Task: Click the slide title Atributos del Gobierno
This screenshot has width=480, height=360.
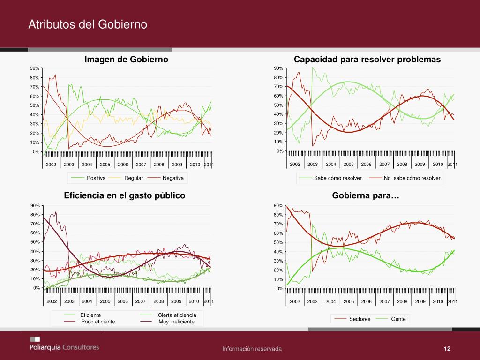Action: pyautogui.click(x=88, y=24)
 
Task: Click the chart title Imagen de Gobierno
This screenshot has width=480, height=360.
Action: pyautogui.click(x=126, y=60)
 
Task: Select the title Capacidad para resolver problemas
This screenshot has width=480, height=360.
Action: pyautogui.click(x=367, y=60)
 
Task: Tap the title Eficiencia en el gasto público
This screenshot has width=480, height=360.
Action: pyautogui.click(x=124, y=195)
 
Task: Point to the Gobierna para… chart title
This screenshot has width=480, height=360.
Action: pyautogui.click(x=366, y=195)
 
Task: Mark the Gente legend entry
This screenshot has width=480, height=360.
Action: pyautogui.click(x=398, y=319)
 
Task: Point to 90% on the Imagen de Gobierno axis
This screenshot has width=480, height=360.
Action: pyautogui.click(x=34, y=68)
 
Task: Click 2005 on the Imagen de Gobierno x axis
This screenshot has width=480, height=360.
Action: pyautogui.click(x=105, y=165)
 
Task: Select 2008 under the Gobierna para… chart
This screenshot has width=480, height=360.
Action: pyautogui.click(x=402, y=301)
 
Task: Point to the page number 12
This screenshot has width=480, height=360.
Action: pyautogui.click(x=447, y=349)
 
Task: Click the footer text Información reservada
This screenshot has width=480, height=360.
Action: pyautogui.click(x=252, y=349)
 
